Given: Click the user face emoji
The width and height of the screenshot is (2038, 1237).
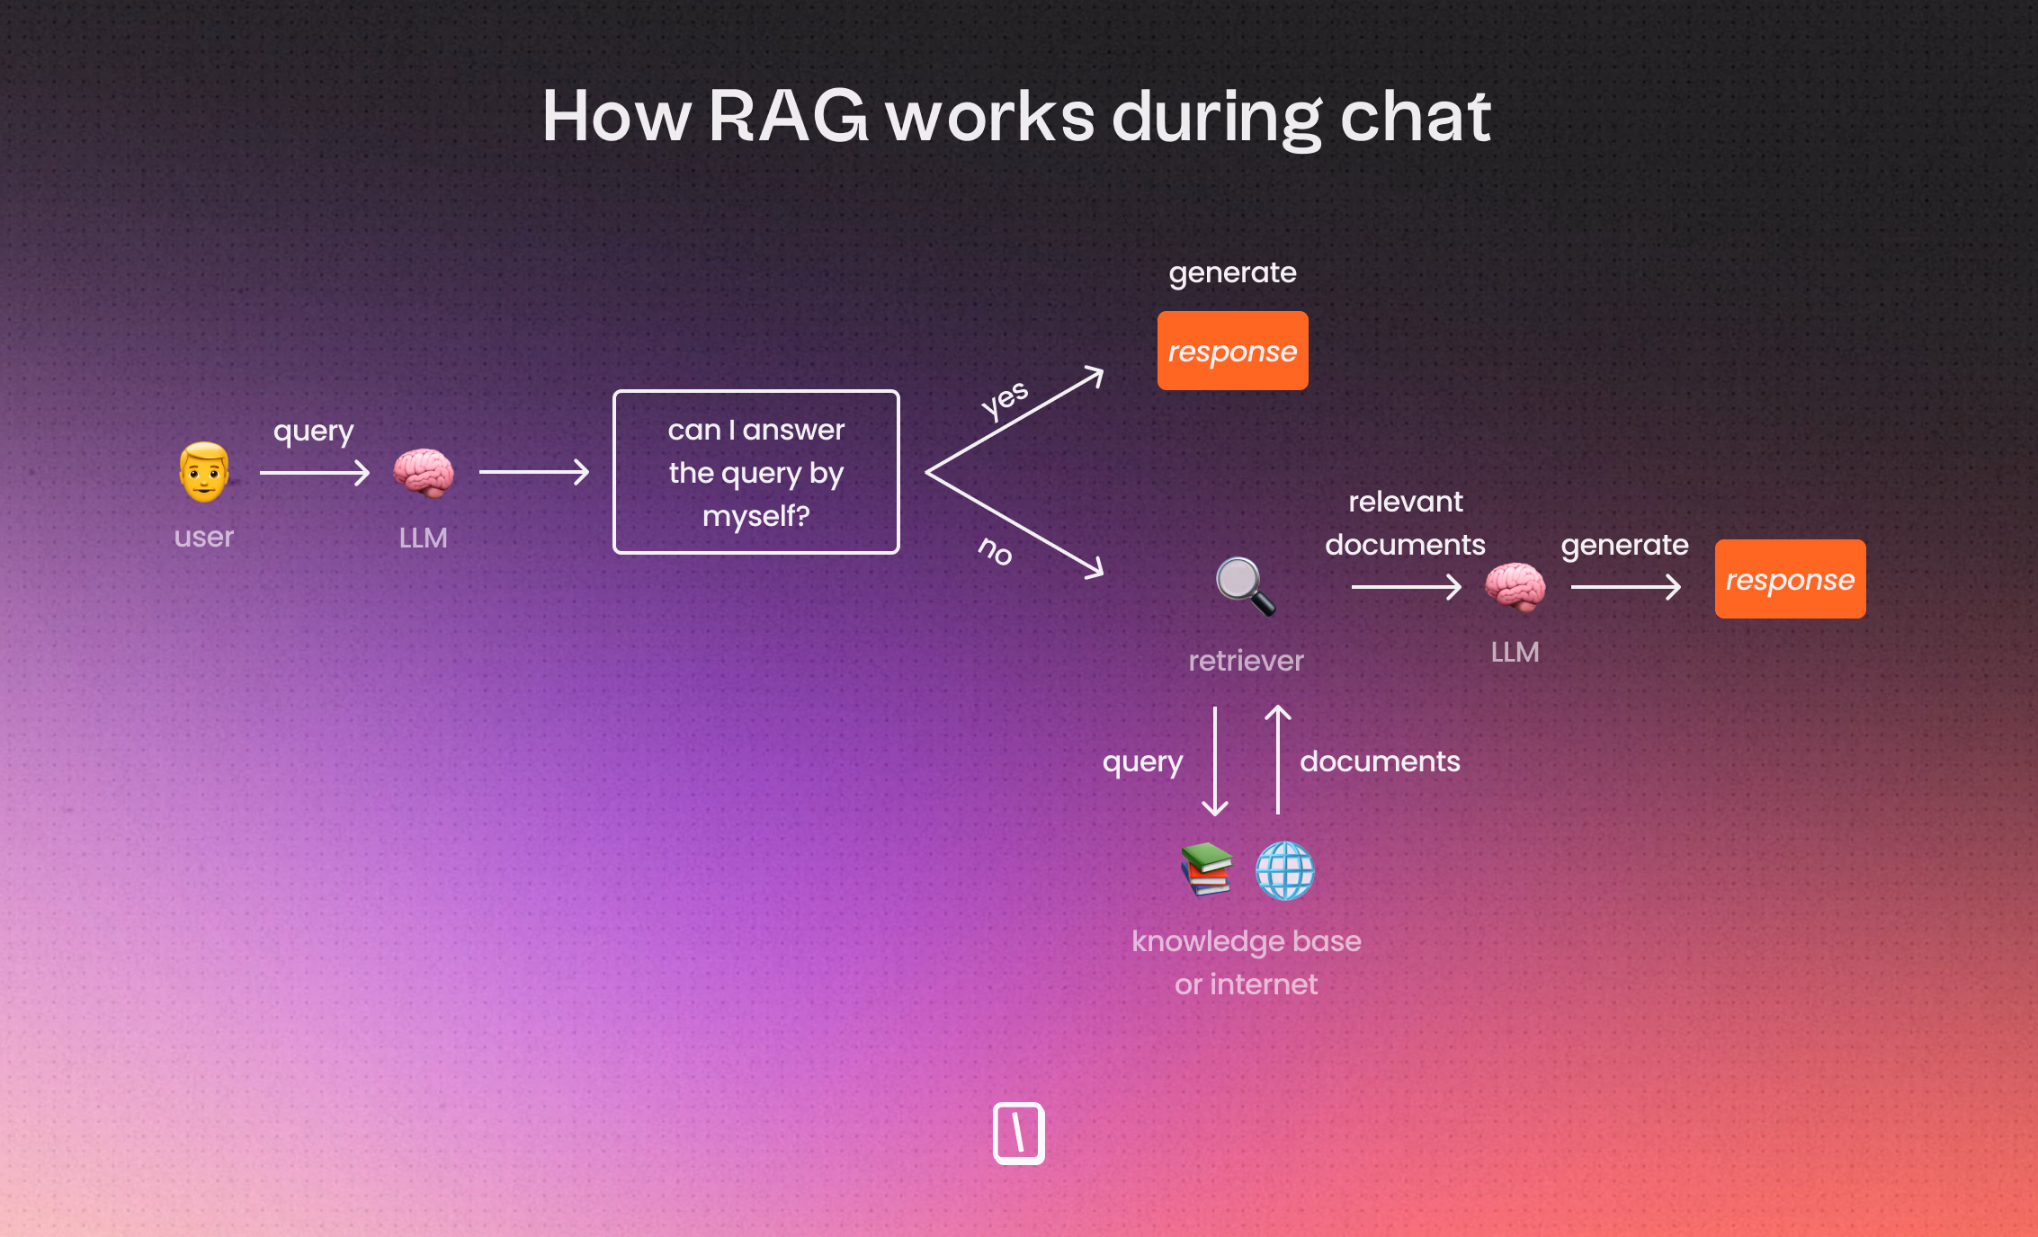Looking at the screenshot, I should (204, 472).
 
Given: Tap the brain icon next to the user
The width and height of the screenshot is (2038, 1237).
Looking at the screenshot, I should (423, 472).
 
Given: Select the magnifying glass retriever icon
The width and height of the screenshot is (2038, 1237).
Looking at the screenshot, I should (1245, 586).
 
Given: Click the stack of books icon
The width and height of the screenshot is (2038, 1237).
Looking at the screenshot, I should (1206, 869).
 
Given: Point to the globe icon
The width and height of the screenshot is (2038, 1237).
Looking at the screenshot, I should (1284, 870).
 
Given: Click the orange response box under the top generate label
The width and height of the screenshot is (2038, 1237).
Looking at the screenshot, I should (1232, 351).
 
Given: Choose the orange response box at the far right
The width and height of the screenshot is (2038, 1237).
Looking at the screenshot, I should (1790, 579).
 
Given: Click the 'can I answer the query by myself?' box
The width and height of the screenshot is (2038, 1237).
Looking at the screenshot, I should (755, 472).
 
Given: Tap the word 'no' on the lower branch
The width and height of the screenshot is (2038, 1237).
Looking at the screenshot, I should (996, 550).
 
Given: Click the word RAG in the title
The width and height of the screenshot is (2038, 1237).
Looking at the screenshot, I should (788, 117).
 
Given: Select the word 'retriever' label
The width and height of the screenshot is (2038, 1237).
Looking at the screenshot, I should (1246, 661).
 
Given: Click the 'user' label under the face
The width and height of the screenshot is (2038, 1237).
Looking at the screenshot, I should (204, 537).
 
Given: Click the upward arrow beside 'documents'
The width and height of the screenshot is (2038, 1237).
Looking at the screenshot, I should (1278, 760).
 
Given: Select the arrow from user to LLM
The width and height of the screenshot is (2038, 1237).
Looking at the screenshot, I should (315, 472).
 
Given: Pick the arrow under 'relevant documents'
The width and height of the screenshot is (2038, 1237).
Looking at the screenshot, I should (1406, 587).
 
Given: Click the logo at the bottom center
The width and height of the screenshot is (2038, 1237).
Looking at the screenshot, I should (1018, 1133).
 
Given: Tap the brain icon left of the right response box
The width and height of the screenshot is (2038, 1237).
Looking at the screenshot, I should (1515, 586).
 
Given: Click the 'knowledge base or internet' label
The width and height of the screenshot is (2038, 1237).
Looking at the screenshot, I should (1246, 962).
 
